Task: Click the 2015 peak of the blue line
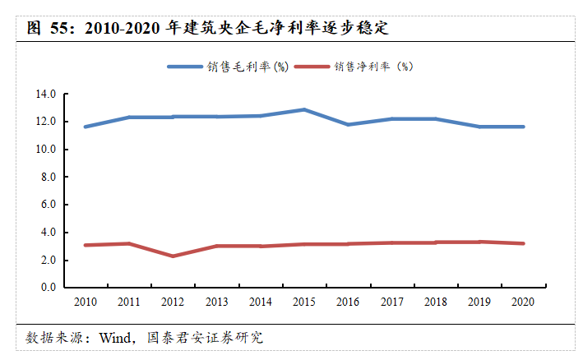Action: click(303, 109)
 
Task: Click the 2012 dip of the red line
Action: click(172, 256)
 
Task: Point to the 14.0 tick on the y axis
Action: click(45, 95)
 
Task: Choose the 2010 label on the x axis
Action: click(85, 302)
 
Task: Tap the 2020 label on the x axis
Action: click(522, 302)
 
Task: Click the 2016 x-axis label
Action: click(347, 302)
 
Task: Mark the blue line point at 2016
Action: click(347, 124)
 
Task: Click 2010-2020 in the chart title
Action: click(123, 28)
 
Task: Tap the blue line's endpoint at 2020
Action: click(522, 127)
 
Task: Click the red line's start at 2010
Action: click(85, 245)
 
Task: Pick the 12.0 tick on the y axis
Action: click(45, 122)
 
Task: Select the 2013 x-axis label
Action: click(216, 302)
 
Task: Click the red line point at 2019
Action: click(479, 242)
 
